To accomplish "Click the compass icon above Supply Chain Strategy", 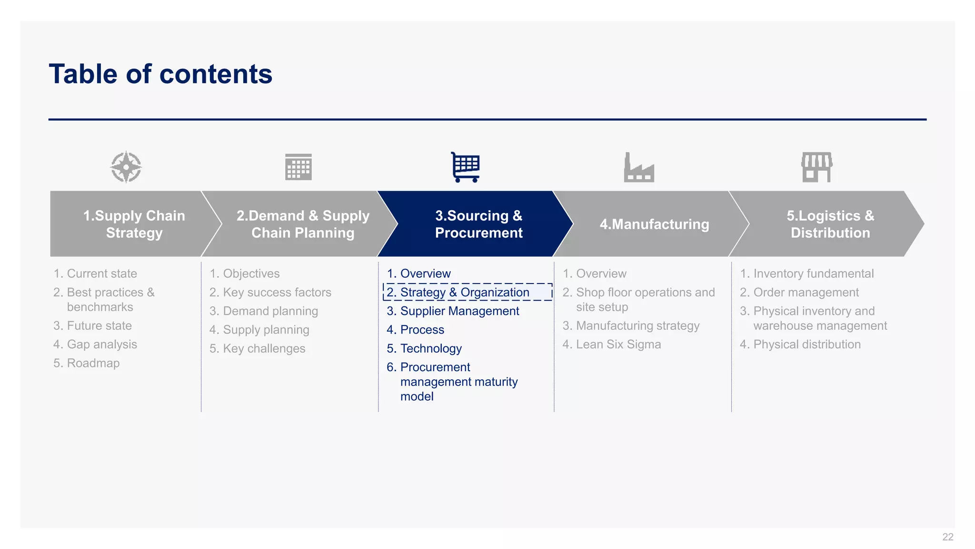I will [126, 167].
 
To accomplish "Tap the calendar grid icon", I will [298, 167].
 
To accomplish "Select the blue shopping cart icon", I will [466, 167].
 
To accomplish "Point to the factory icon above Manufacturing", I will [639, 167].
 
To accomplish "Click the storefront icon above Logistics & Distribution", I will [816, 167].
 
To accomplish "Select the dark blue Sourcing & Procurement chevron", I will [478, 224].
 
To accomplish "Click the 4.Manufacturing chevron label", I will [654, 224].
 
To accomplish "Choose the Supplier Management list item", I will [459, 311].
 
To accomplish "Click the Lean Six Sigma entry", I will [618, 344].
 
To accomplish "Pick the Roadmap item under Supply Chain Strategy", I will [93, 363].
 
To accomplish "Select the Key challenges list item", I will [264, 348].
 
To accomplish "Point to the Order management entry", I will [806, 292].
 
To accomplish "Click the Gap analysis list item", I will [101, 344].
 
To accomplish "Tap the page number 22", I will [947, 537].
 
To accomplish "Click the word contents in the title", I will [216, 74].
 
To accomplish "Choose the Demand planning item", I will [270, 311].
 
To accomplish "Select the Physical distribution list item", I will [806, 344].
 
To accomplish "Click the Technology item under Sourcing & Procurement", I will [431, 348].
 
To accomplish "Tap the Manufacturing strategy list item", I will [637, 325].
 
